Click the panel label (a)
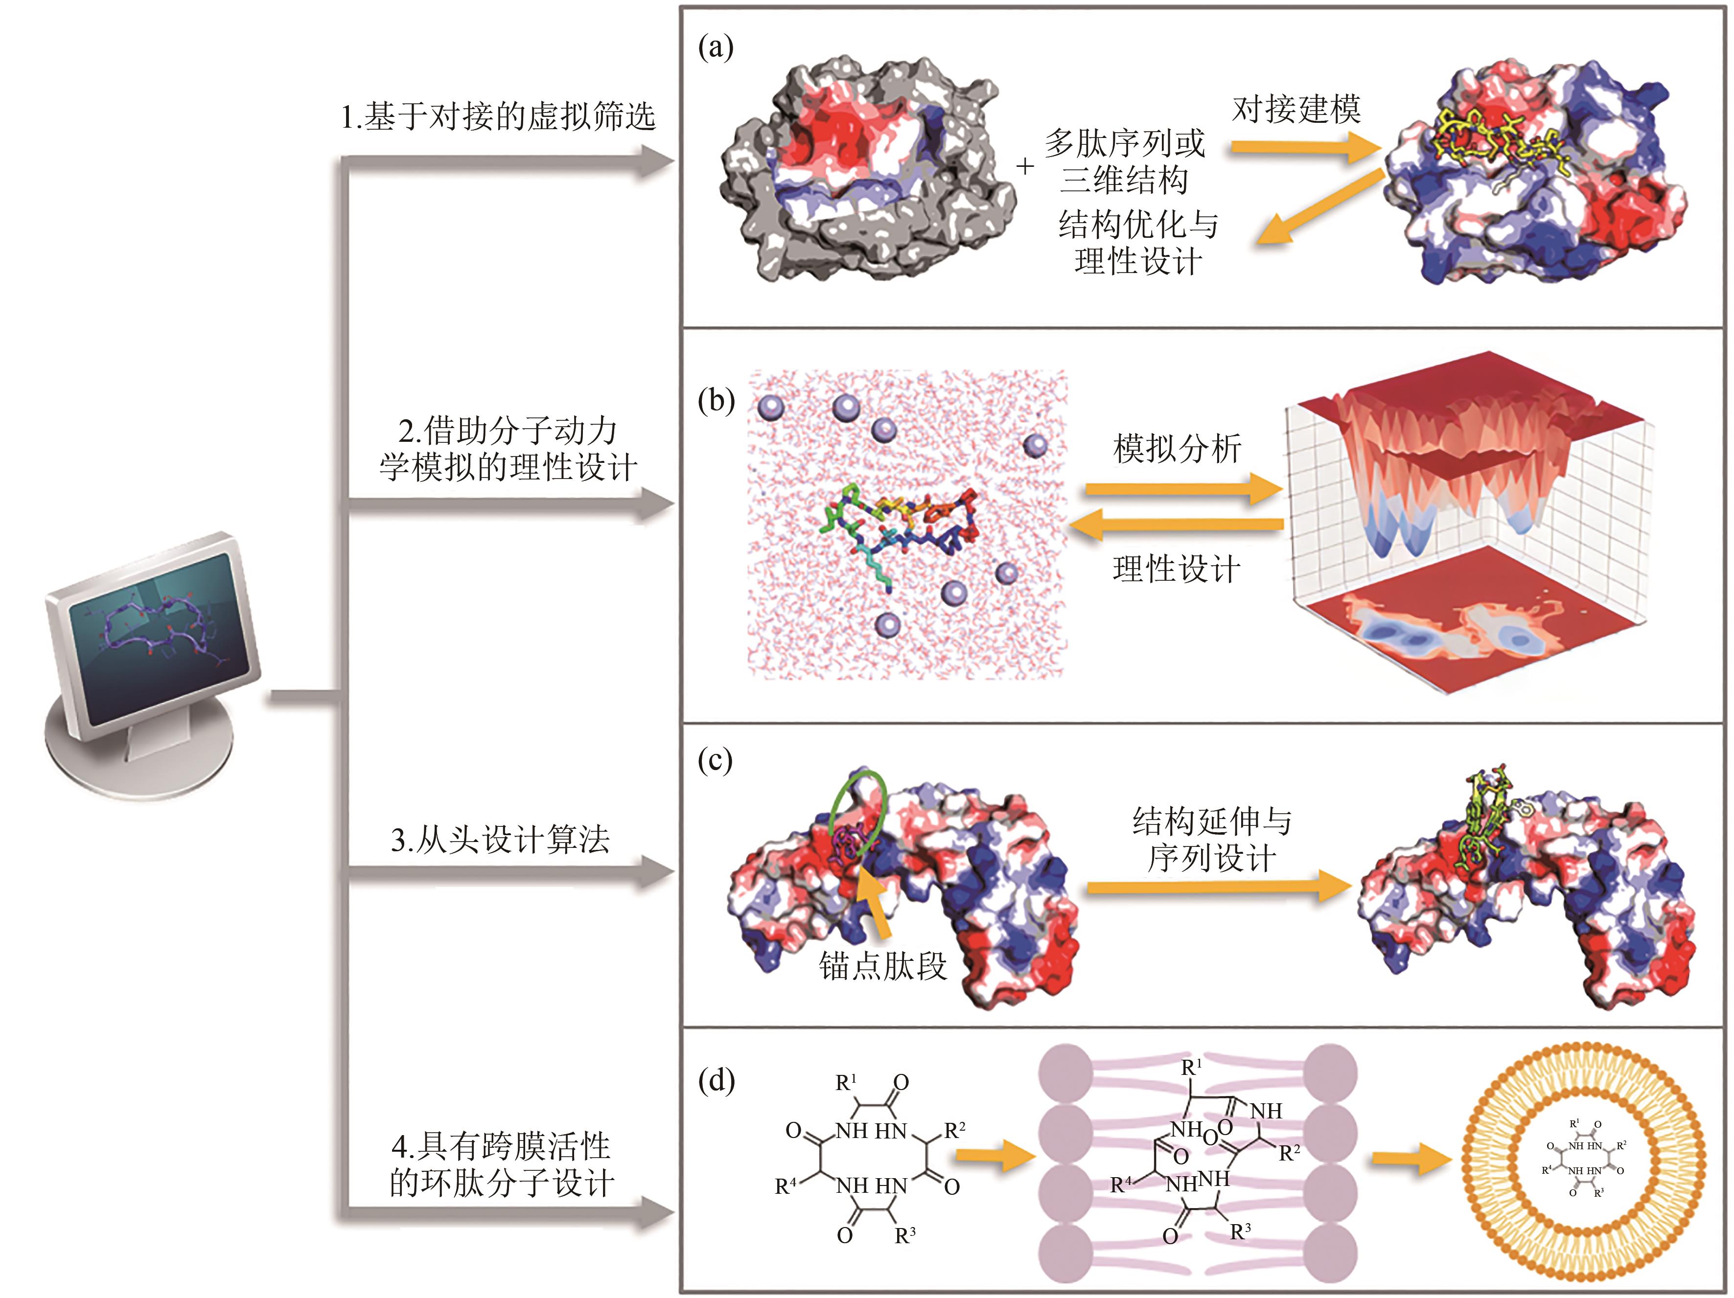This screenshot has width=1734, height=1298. tap(715, 48)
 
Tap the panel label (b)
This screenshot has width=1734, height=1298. tap(715, 401)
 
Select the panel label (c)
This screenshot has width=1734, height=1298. tap(715, 760)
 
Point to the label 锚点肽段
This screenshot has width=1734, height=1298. tap(883, 966)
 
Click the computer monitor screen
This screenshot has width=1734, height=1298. tap(161, 635)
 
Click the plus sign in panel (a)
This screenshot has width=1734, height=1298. tap(1024, 167)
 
